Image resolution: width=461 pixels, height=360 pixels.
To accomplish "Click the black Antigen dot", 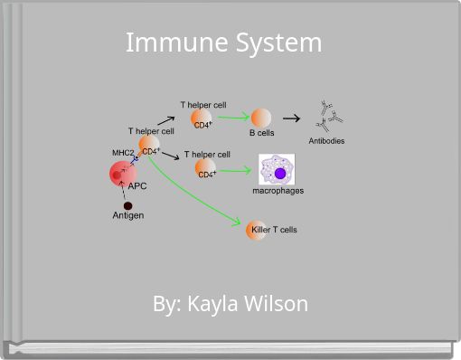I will coord(128,205).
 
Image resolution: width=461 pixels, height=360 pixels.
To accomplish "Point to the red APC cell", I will coord(122,173).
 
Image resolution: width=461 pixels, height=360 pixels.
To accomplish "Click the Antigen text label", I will coord(127,216).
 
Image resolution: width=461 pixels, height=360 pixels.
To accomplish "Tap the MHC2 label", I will coord(123,153).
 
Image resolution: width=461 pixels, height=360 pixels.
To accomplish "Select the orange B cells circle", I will coord(261,118).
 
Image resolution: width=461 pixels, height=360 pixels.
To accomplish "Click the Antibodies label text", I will coord(326,141).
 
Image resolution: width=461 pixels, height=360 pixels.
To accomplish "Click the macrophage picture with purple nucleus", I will coord(277,170).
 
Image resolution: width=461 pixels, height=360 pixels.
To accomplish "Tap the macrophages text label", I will coord(278,191).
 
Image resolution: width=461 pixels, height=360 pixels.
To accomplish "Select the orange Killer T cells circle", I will coord(257,230).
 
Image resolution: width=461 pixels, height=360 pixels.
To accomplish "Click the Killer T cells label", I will coord(275,230).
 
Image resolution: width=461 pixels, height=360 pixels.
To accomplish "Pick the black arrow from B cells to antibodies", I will coord(291,118).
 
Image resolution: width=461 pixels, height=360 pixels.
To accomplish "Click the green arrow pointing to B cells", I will coord(232,117).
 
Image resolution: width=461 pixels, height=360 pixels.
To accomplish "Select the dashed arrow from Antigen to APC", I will coord(122,193).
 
